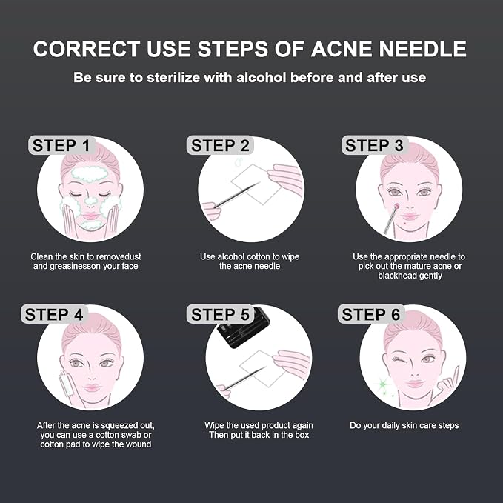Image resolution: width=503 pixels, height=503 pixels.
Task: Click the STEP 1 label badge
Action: [x=62, y=145]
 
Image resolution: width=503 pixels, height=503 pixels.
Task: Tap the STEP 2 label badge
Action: [x=220, y=145]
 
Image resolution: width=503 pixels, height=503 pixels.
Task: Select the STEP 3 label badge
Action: [x=374, y=145]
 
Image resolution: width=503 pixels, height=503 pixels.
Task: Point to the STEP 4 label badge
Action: [x=54, y=314]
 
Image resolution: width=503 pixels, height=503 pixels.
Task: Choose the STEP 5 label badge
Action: [x=220, y=314]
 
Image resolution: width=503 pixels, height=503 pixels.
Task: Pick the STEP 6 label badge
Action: [x=371, y=314]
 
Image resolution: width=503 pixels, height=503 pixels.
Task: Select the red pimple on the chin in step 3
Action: [x=404, y=224]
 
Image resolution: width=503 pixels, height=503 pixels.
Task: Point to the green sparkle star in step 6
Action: [x=382, y=384]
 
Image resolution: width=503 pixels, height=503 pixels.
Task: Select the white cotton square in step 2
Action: [x=256, y=184]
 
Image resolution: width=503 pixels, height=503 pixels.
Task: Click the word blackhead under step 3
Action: [x=396, y=276]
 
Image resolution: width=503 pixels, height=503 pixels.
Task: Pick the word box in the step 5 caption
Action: [x=302, y=435]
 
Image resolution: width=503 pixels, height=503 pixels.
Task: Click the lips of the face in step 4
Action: [x=92, y=387]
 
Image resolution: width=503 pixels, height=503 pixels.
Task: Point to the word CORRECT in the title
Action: [x=86, y=49]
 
